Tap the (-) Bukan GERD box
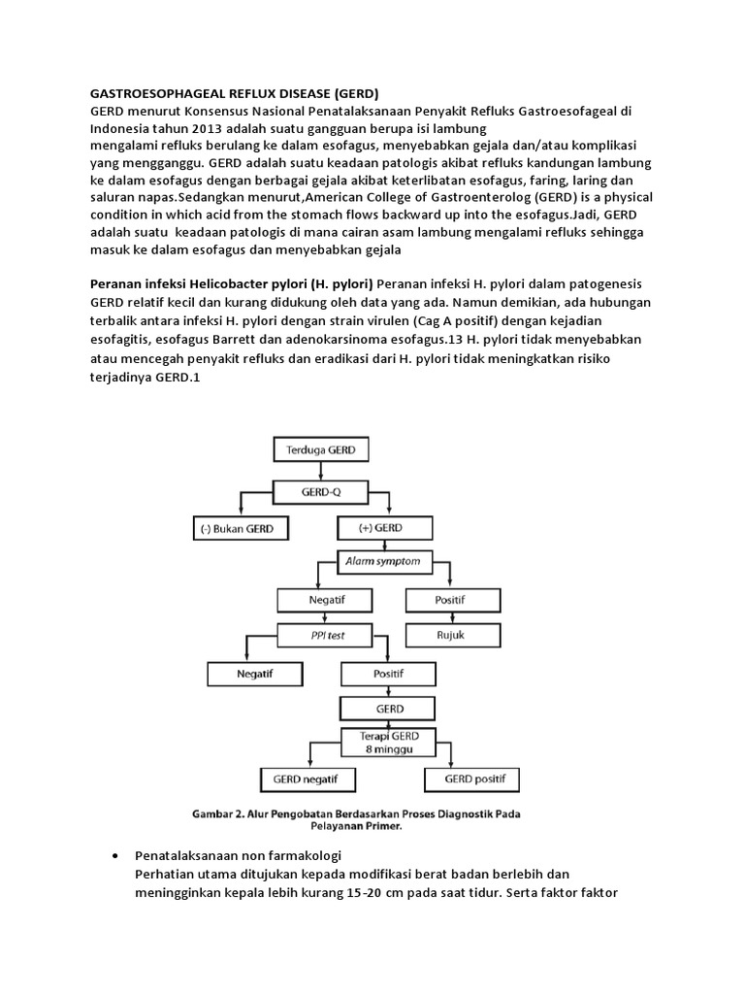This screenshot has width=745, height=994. click(x=239, y=528)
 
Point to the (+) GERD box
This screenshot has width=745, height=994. click(x=381, y=528)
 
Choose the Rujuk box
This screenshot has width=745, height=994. click(x=453, y=637)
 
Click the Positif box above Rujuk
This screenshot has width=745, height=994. click(x=453, y=600)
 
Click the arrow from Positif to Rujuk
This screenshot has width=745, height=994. click(x=453, y=618)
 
